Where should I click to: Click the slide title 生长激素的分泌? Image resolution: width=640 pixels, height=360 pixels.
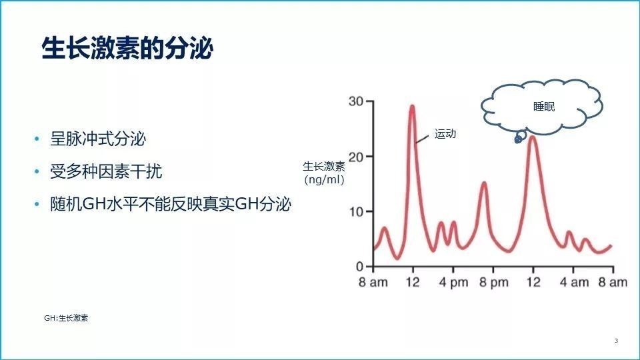(x=127, y=49)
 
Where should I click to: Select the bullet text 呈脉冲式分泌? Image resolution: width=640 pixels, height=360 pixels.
(x=98, y=139)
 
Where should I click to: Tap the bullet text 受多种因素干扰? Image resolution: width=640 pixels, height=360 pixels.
(x=106, y=172)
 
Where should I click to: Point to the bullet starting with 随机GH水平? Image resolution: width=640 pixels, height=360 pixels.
(x=171, y=205)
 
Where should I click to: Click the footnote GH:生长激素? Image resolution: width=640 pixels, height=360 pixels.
(x=66, y=318)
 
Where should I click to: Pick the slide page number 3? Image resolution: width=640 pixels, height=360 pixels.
(x=616, y=341)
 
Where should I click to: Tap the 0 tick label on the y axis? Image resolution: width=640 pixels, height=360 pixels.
(x=360, y=267)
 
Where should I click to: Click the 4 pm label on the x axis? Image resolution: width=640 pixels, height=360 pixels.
(x=453, y=283)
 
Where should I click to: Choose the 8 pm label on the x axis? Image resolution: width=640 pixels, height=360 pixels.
(x=493, y=283)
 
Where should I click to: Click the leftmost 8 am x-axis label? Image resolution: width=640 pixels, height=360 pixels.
(x=373, y=283)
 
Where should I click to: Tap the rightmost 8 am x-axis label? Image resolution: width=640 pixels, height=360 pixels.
(x=612, y=283)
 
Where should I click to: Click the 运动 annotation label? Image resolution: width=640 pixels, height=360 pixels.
(x=445, y=134)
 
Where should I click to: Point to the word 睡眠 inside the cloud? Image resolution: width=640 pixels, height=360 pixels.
(x=544, y=107)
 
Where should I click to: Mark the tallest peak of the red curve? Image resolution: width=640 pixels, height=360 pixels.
(x=412, y=106)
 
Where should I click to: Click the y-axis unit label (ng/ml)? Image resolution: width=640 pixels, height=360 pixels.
(x=324, y=179)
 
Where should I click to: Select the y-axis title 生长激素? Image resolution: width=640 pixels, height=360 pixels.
(x=324, y=167)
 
